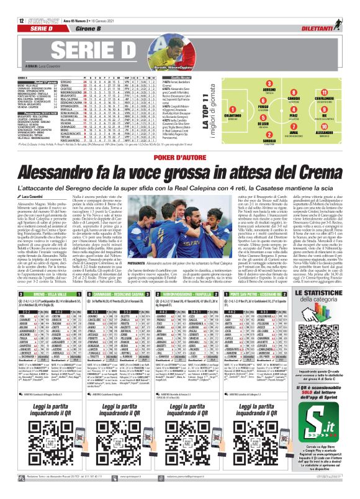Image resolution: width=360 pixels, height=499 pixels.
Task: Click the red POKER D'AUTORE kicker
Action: click(180, 140)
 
